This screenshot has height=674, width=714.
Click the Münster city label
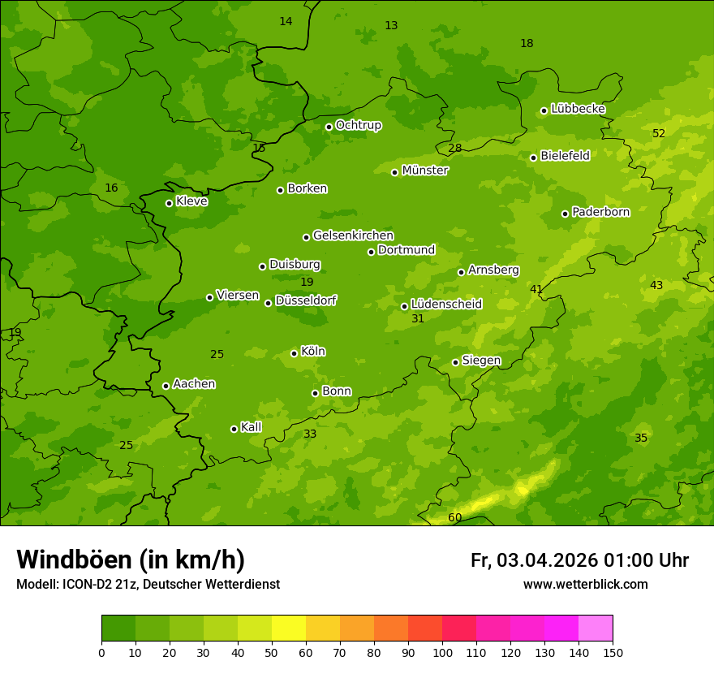424,171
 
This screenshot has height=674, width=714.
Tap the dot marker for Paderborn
566,214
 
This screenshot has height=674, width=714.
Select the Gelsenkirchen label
353,235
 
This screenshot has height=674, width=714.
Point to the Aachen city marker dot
166,386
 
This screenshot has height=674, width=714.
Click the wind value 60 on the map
455,518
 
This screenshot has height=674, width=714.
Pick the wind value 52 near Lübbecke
659,133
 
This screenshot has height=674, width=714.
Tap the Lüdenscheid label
446,305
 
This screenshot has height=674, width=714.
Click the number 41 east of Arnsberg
536,289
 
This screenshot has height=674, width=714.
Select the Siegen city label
481,361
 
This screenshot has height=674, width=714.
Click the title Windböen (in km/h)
131,560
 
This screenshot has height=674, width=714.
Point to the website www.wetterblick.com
586,585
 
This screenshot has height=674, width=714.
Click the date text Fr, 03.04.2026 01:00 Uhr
579,560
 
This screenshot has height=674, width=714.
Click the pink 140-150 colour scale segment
596,629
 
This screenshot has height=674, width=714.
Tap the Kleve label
191,201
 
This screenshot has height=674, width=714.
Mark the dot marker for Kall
234,429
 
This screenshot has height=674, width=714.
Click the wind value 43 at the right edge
656,285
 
